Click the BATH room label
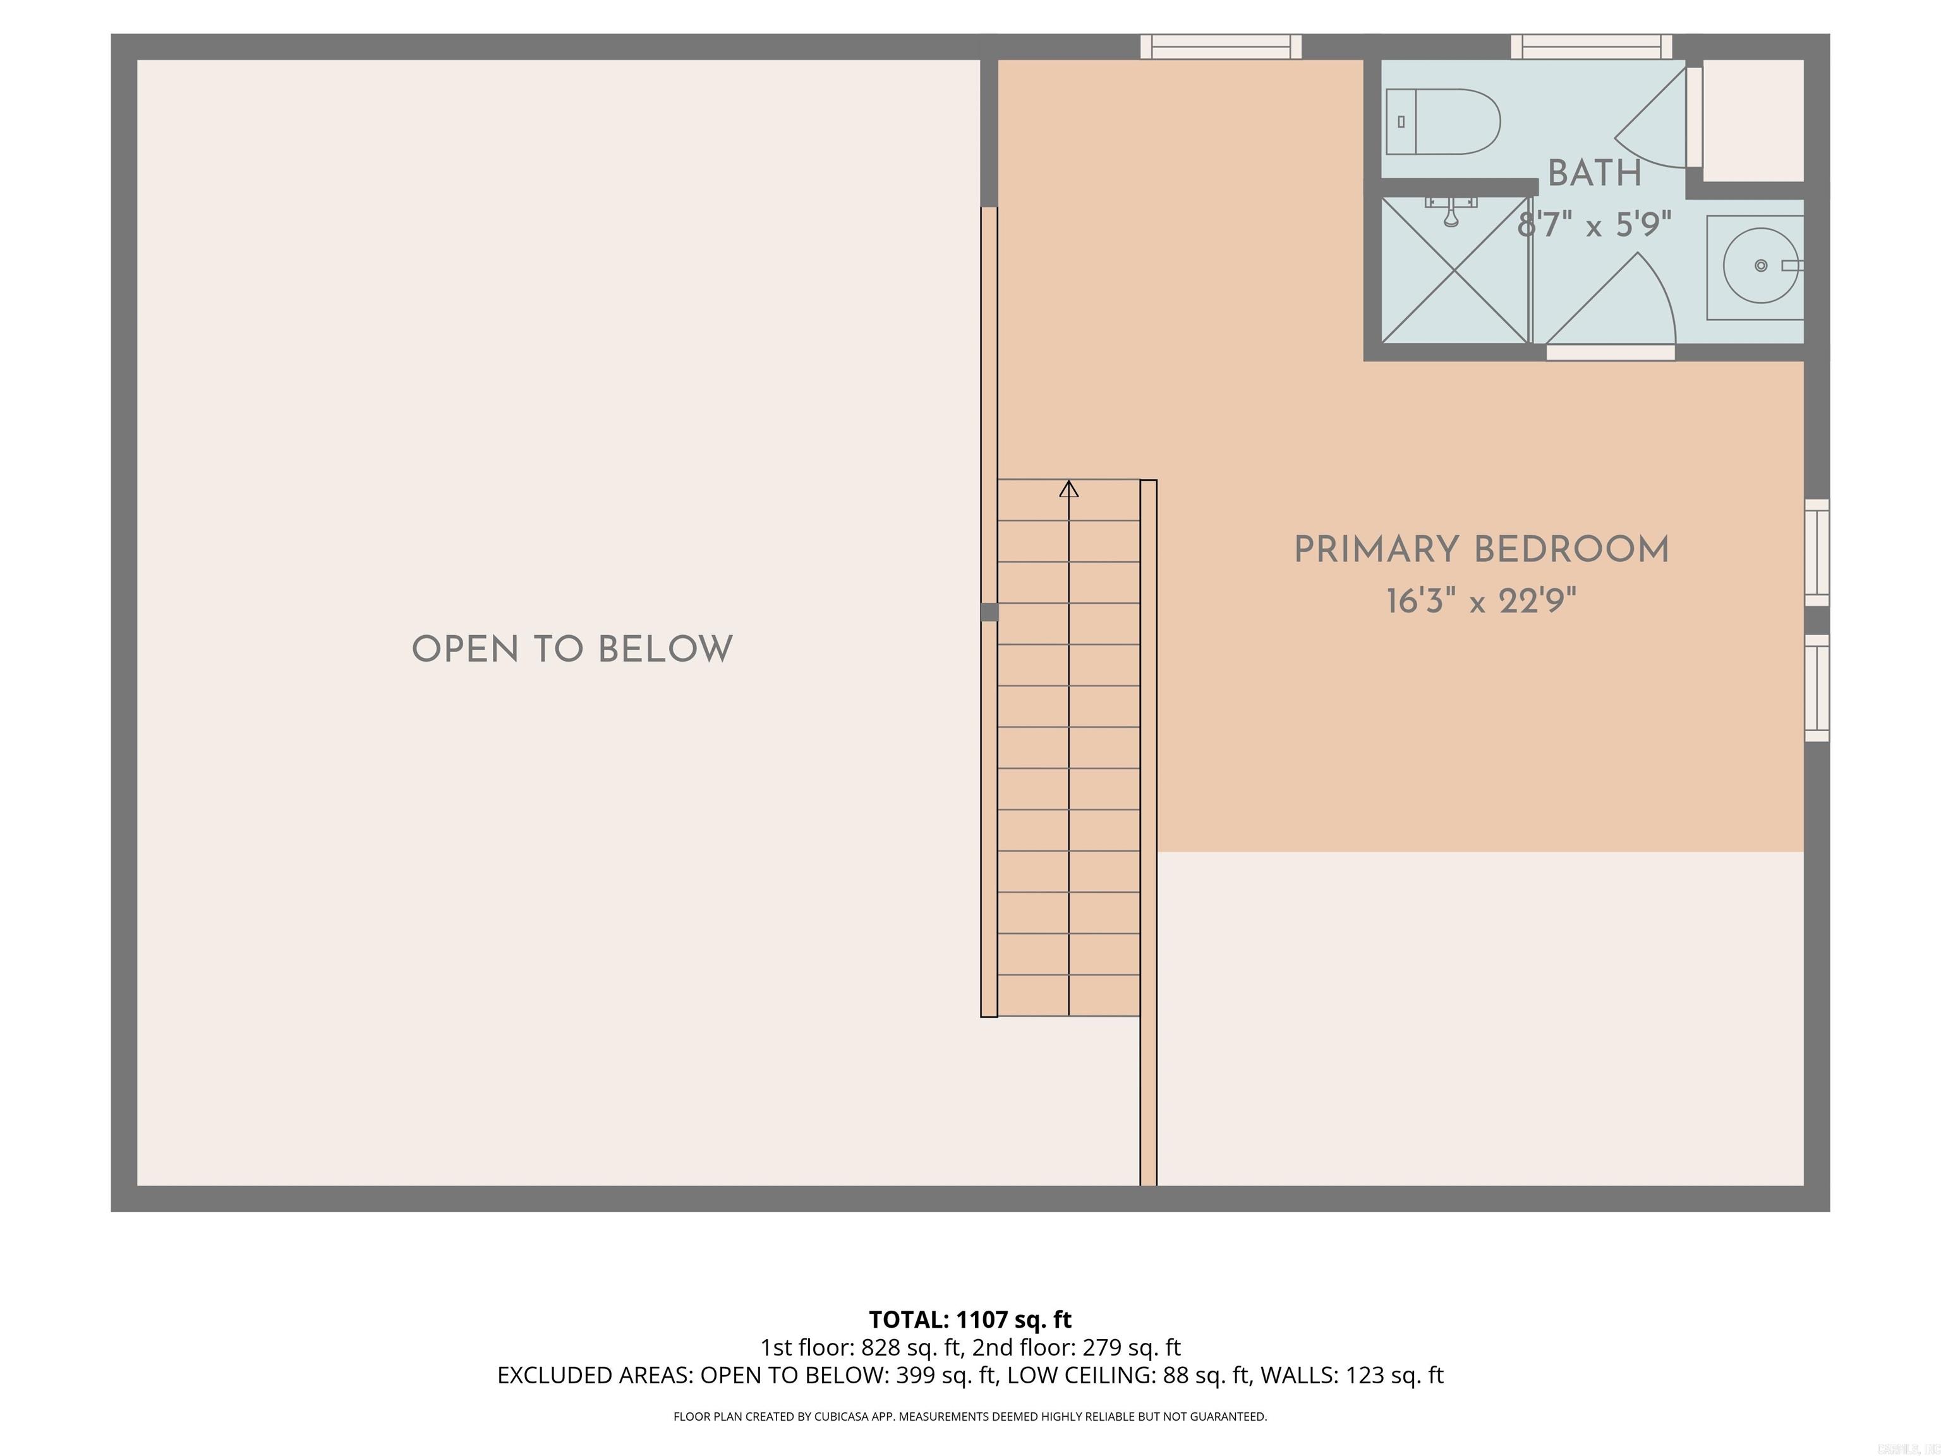(x=1594, y=174)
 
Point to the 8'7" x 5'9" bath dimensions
(x=1594, y=226)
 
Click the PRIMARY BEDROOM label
(x=1481, y=550)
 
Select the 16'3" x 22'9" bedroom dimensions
(x=1481, y=602)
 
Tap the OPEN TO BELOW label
(x=572, y=650)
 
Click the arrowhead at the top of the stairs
(x=1069, y=489)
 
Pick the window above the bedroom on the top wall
(x=1221, y=47)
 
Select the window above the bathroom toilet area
(x=1591, y=47)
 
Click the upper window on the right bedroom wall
(x=1817, y=553)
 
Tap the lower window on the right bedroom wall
(x=1817, y=688)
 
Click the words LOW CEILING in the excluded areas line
(x=1079, y=1375)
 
